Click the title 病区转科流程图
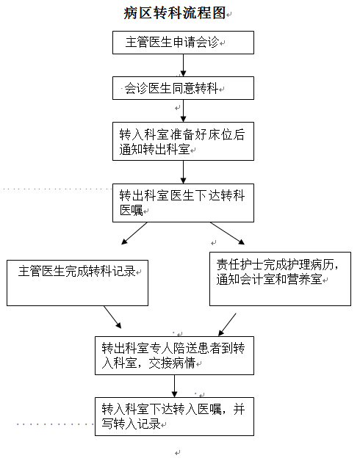click(x=175, y=13)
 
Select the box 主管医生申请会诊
click(x=183, y=43)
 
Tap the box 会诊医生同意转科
click(x=183, y=88)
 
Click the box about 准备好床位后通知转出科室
click(x=183, y=142)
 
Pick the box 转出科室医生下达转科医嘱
click(x=183, y=203)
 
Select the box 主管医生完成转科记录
click(x=77, y=283)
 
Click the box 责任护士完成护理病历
click(x=280, y=279)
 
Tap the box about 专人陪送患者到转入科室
click(x=174, y=356)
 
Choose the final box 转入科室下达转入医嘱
click(x=174, y=417)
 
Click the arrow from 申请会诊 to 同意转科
click(x=183, y=65)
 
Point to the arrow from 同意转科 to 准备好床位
click(x=183, y=111)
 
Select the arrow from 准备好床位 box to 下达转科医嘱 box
click(x=183, y=173)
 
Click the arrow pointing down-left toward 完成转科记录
click(x=134, y=233)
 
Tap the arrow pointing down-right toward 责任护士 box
click(x=227, y=233)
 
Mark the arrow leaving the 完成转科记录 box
click(x=112, y=317)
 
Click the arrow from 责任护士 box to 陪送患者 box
click(x=227, y=324)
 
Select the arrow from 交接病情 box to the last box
click(x=174, y=386)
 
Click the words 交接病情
click(x=172, y=363)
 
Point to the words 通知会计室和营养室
click(x=269, y=279)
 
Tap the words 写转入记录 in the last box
click(x=131, y=424)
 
